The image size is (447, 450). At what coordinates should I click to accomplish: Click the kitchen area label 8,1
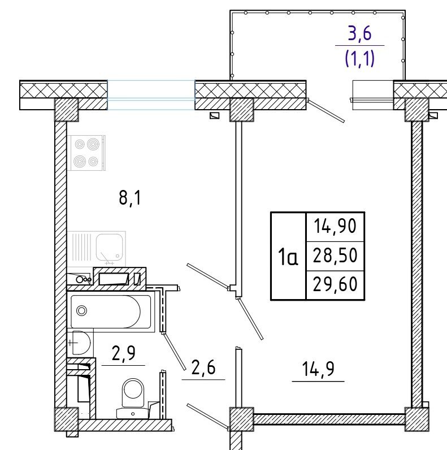click(x=130, y=198)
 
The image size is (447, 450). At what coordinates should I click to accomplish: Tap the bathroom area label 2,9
click(x=123, y=353)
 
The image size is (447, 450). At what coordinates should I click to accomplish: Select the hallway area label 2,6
click(x=203, y=367)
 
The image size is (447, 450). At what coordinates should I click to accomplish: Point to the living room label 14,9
click(x=318, y=369)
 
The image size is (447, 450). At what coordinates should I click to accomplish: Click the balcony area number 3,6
click(x=359, y=33)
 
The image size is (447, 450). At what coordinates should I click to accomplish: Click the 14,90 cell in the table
click(x=335, y=226)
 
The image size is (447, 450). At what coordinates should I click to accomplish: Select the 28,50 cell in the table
click(x=335, y=256)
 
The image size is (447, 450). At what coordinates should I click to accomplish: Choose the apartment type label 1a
click(x=288, y=257)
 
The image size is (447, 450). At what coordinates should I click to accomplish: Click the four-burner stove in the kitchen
click(x=86, y=153)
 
